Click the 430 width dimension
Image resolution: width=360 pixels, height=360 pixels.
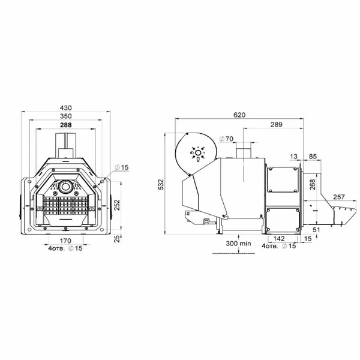pos(65,107)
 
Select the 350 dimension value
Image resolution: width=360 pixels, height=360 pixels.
pos(65,116)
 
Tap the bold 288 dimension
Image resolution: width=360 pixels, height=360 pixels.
pos(65,125)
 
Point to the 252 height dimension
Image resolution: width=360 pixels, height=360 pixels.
pos(117,206)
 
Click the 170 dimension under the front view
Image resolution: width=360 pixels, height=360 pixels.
pos(65,241)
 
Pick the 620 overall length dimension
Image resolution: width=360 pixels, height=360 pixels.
pos(239,115)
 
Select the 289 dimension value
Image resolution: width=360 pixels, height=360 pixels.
pos(276,124)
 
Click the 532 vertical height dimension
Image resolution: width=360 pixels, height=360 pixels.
pos(161,184)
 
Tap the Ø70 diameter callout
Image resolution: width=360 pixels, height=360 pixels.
pos(226,139)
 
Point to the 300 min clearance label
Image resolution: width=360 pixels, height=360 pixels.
pos(238,244)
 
